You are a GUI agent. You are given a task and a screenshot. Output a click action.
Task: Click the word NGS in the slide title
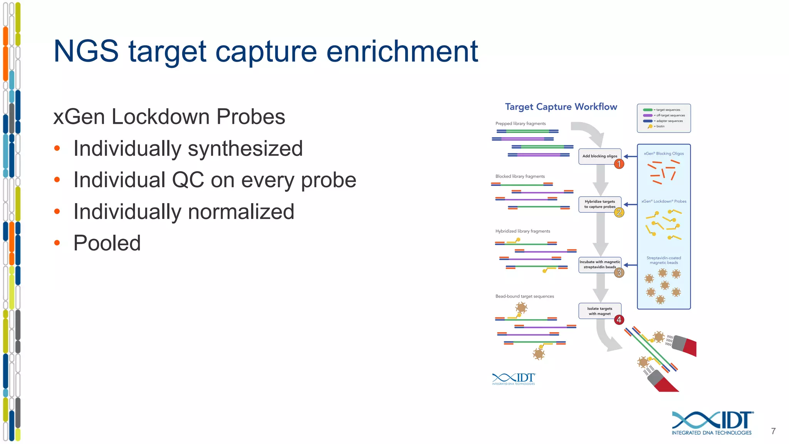pos(86,51)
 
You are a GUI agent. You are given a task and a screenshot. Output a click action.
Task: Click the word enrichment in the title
pos(402,51)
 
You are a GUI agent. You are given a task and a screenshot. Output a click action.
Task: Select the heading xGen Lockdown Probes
pos(169,116)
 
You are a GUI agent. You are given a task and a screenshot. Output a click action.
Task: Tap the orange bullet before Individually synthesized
pos(57,148)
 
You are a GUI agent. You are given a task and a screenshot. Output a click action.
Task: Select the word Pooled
pos(107,243)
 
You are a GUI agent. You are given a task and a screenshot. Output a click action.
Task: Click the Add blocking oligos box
pos(599,156)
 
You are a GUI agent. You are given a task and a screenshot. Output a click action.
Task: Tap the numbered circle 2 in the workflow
pos(619,212)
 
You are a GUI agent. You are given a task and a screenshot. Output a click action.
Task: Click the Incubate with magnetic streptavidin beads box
pos(599,264)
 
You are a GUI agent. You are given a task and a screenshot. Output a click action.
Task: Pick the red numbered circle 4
pos(619,320)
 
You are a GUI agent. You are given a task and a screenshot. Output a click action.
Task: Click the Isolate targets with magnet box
pos(599,311)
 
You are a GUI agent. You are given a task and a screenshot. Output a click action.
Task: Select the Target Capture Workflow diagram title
pos(561,107)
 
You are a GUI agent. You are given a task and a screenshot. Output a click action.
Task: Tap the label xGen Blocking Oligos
pos(664,153)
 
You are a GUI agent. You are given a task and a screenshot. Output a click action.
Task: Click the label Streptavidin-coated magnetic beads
pos(664,260)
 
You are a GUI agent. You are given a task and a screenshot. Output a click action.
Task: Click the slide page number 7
pos(773,431)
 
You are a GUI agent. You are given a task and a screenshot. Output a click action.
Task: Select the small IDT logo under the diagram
pos(514,379)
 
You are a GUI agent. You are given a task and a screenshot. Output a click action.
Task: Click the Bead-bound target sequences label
pos(524,296)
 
